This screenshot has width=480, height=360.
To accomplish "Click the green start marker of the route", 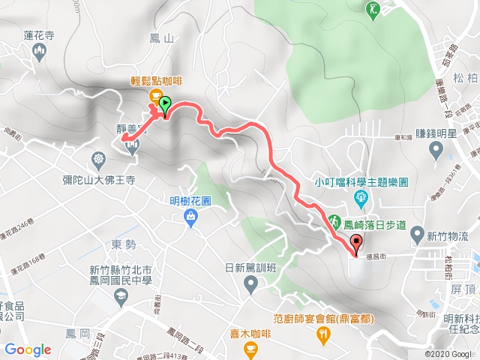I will click(164, 104).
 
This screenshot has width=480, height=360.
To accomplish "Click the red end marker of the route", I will click(356, 242).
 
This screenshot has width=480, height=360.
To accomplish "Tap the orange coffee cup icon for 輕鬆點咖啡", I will click(156, 95).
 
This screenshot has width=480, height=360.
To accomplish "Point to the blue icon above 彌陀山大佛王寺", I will click(99, 159).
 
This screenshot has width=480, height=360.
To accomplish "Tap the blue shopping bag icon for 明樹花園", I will click(190, 217).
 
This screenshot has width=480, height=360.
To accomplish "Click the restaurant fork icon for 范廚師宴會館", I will click(324, 334).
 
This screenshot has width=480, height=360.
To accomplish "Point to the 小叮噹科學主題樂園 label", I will click(361, 181).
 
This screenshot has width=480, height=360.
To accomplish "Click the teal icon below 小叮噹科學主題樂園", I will click(361, 198).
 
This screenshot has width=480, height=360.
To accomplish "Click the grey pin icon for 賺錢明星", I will click(439, 148).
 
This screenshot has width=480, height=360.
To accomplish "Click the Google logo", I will click(28, 349).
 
